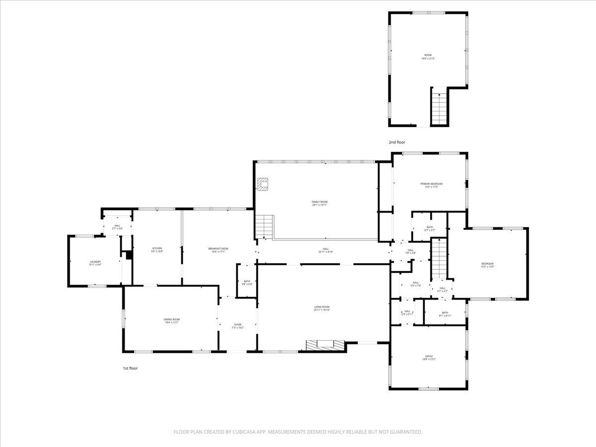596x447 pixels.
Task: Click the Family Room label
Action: (x=319, y=202)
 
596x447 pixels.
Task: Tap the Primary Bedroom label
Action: (x=430, y=184)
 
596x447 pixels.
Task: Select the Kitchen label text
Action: (x=157, y=249)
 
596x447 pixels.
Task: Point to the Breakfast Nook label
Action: (x=219, y=249)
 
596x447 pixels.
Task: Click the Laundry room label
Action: (x=95, y=262)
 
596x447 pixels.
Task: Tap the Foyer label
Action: (x=238, y=325)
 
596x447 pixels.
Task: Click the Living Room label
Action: (x=321, y=307)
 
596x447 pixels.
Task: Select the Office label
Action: (x=429, y=357)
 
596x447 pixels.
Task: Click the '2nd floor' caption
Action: (x=397, y=143)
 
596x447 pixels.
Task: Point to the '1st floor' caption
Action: (x=130, y=369)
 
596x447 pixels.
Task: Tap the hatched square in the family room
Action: (x=263, y=184)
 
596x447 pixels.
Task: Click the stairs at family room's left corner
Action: (x=265, y=227)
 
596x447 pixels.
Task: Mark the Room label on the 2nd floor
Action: (x=428, y=55)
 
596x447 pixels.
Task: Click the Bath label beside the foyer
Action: (x=247, y=282)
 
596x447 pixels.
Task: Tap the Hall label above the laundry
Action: (x=117, y=226)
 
